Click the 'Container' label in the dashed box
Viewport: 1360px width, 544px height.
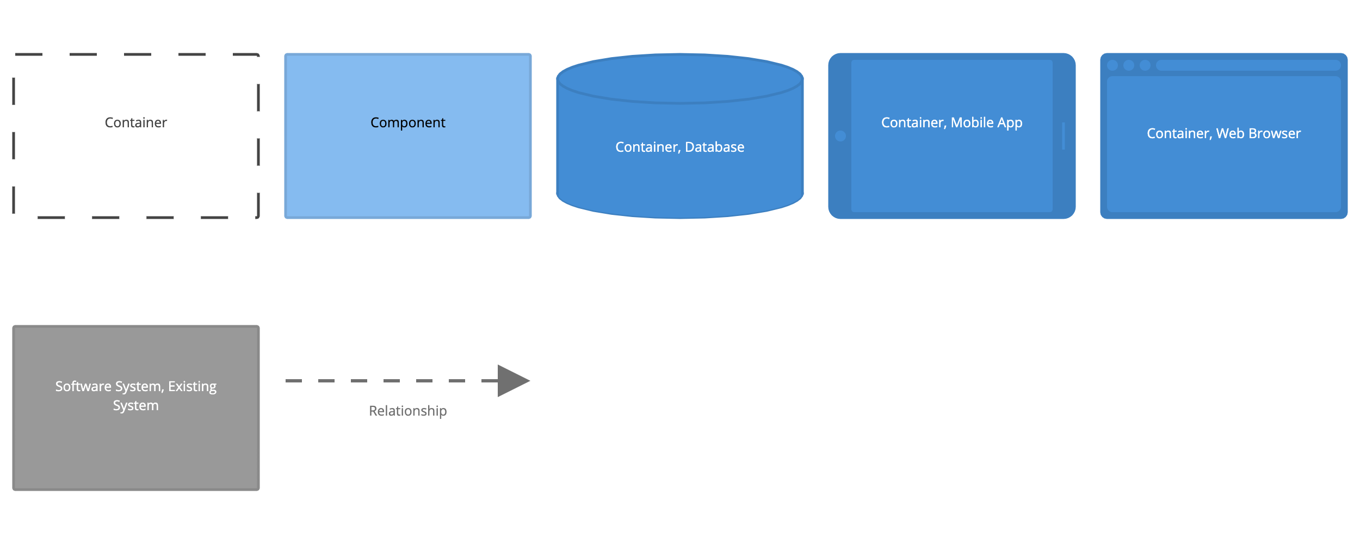pyautogui.click(x=135, y=122)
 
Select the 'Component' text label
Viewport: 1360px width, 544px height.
pyautogui.click(x=407, y=122)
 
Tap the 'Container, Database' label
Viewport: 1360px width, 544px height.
pyautogui.click(x=679, y=147)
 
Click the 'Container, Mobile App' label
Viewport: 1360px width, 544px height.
pyautogui.click(x=951, y=122)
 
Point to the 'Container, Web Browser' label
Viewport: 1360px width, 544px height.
pyautogui.click(x=1223, y=133)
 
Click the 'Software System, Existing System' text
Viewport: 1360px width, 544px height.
pyautogui.click(x=135, y=395)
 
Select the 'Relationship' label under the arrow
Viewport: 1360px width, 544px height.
pyautogui.click(x=407, y=411)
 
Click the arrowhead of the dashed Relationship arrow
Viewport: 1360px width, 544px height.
pyautogui.click(x=511, y=381)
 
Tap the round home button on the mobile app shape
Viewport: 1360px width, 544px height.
pyautogui.click(x=840, y=136)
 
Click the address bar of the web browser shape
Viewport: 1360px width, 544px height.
pyautogui.click(x=1248, y=65)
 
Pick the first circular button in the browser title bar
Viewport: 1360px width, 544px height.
pyautogui.click(x=1112, y=65)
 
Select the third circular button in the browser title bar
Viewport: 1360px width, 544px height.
pyautogui.click(x=1145, y=65)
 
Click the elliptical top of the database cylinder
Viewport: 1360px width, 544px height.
pyautogui.click(x=679, y=79)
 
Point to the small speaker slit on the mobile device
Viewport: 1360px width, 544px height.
pyautogui.click(x=1064, y=136)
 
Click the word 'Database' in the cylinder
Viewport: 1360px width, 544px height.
pyautogui.click(x=714, y=147)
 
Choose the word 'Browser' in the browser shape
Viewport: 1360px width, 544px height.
pyautogui.click(x=1274, y=133)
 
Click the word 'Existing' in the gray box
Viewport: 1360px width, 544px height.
pyautogui.click(x=192, y=386)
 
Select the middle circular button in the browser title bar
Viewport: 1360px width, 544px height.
pyautogui.click(x=1129, y=65)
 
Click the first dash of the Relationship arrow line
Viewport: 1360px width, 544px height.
pyautogui.click(x=294, y=381)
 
